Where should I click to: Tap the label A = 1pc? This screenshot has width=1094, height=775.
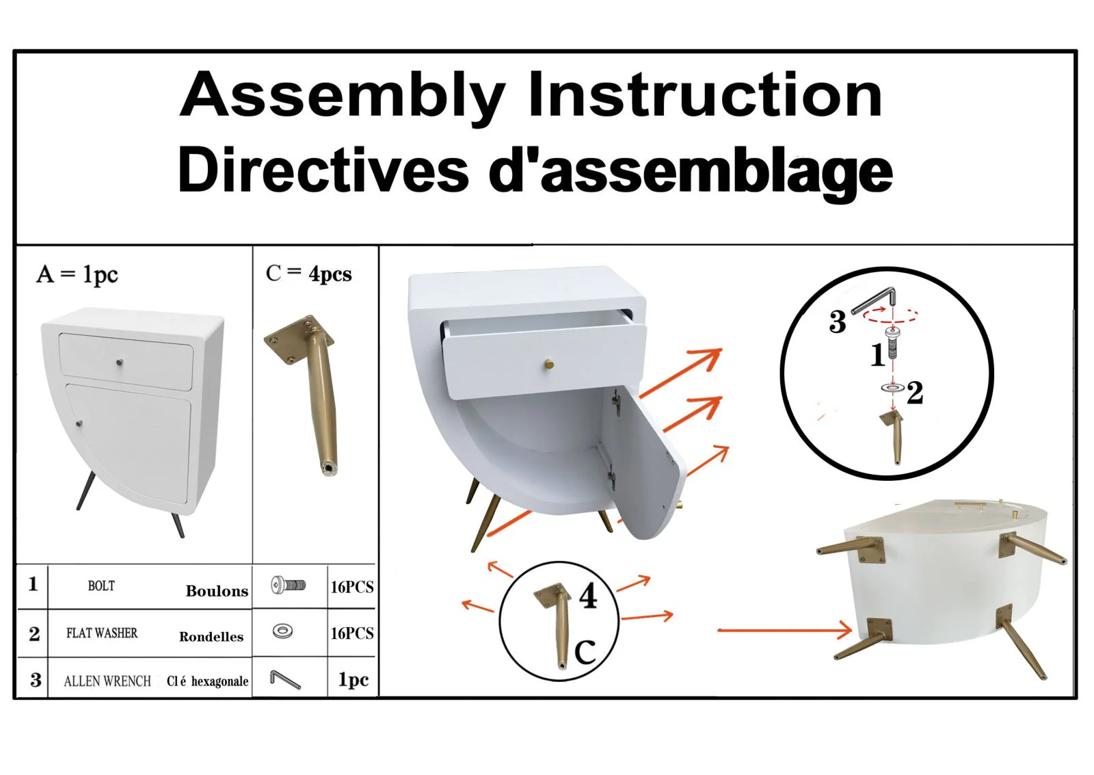click(77, 274)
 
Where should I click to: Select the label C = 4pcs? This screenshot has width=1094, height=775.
click(308, 274)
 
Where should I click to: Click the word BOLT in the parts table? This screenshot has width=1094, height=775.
click(101, 586)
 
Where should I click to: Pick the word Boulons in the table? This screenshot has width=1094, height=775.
click(217, 591)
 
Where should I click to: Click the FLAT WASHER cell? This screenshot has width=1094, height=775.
click(102, 633)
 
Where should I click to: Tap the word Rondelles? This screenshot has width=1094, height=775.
click(211, 637)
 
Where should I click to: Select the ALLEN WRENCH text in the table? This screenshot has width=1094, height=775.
click(107, 681)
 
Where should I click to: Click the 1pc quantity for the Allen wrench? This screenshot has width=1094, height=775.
click(353, 679)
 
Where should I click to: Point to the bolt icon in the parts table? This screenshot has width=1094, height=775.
click(288, 585)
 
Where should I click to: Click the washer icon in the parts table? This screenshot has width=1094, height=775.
click(282, 631)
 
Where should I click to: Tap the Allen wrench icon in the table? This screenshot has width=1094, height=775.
click(284, 679)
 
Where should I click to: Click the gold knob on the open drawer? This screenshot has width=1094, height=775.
click(549, 365)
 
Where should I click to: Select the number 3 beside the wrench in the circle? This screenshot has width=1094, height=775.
click(837, 322)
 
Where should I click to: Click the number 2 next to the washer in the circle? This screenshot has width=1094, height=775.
click(915, 393)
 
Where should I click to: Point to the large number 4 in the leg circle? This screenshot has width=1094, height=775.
click(588, 596)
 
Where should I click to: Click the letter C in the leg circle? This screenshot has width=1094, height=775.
click(585, 651)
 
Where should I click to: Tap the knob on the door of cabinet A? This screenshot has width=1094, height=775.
click(79, 423)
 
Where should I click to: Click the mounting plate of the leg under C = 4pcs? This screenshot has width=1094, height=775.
click(299, 339)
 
